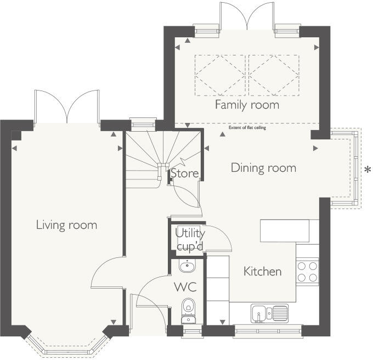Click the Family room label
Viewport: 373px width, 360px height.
[x=247, y=105]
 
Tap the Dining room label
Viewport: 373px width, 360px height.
[x=264, y=168]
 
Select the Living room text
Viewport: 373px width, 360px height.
[x=66, y=225]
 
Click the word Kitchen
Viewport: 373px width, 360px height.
[x=263, y=272]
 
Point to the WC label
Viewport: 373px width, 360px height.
[x=185, y=287]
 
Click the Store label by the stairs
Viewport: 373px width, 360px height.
[x=185, y=173]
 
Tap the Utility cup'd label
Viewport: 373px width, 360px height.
[x=190, y=240]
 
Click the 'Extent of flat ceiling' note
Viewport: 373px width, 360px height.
[x=247, y=127]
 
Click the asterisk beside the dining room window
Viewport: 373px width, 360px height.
[x=368, y=170]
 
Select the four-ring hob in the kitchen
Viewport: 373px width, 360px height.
[x=307, y=272]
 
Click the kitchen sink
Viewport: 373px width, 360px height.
[x=269, y=313]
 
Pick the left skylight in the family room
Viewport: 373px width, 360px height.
[x=220, y=75]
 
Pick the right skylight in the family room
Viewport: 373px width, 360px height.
[x=274, y=75]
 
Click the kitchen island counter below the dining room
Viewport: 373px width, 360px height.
[x=285, y=231]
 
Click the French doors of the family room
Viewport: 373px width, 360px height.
[x=247, y=16]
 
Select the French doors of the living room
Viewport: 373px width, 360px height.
[x=67, y=106]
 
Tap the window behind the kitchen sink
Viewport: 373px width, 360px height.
[x=268, y=331]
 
